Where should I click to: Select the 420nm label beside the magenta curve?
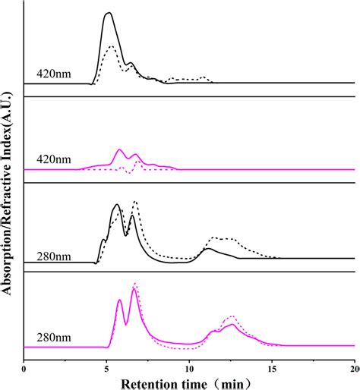tap(53, 160)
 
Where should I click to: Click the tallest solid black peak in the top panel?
tap(109, 13)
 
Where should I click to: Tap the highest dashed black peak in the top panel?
tap(111, 47)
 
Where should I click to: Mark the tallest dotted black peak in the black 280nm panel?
tap(135, 202)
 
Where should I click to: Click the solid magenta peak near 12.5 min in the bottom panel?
tap(231, 324)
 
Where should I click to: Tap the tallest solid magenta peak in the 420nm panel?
tap(119, 150)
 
